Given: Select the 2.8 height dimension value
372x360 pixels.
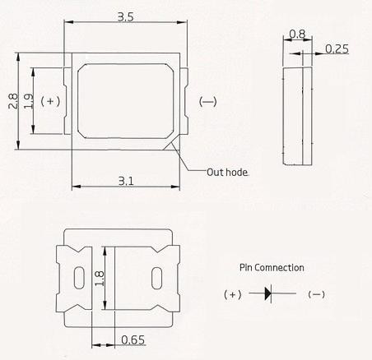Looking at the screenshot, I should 12,100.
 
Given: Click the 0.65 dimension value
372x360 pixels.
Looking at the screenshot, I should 134,339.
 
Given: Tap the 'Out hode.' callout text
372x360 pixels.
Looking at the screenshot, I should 227,172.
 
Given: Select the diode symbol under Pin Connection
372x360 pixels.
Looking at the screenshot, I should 270,293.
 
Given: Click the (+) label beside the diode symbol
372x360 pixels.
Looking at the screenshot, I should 233,294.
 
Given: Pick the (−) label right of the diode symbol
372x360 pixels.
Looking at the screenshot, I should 316,294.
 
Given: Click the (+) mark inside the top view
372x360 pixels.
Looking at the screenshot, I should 51,101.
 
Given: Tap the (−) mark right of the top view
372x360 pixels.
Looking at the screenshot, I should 208,102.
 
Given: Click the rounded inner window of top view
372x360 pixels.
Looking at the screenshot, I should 125,101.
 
